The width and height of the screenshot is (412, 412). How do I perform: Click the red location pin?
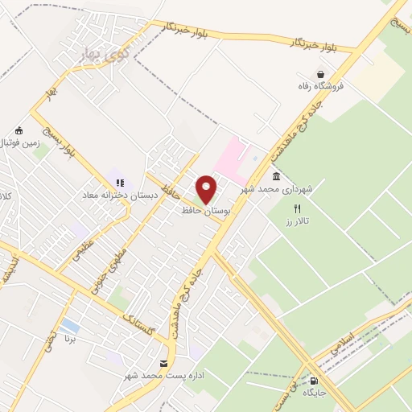pos(207,187)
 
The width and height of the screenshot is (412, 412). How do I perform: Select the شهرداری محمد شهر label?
pos(280,190)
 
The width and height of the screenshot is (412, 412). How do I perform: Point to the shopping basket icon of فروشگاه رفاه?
pos(320,74)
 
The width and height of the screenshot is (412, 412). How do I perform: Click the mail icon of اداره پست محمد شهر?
pos(164,364)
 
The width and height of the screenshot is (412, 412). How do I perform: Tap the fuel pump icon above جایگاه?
pos(314,381)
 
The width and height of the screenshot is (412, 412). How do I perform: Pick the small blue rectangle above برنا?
pos(70,325)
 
